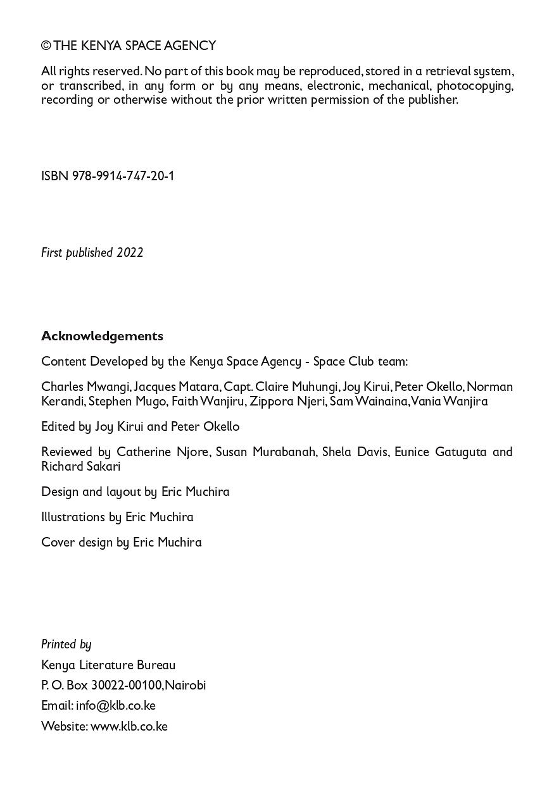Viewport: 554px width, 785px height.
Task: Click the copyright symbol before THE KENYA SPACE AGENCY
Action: [46, 46]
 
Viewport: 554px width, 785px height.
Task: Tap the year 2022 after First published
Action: [130, 252]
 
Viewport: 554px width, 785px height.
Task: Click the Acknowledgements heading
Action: [102, 336]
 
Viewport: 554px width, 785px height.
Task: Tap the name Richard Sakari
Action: [80, 466]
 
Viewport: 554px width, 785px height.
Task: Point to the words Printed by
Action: [66, 644]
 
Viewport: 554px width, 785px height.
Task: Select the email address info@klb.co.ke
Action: [115, 705]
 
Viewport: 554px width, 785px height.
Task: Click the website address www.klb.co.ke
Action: [129, 726]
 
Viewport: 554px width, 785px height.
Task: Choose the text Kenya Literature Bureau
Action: [108, 665]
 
